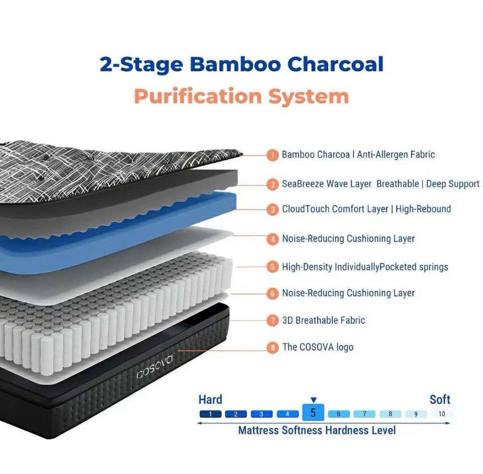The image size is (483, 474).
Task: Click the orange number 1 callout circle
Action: click(272, 155)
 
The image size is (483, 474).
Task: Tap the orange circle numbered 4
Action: click(272, 239)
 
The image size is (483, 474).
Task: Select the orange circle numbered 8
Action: click(272, 348)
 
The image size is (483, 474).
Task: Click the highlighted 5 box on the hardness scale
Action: click(313, 412)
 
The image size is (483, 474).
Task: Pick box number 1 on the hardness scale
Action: click(210, 414)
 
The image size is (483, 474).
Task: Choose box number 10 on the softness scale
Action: click(442, 414)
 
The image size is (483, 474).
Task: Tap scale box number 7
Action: click(364, 414)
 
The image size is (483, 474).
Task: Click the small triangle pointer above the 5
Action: click(313, 400)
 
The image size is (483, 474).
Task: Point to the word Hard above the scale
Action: click(210, 399)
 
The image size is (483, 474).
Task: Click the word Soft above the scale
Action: click(440, 399)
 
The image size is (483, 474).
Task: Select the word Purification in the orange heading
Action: click(198, 97)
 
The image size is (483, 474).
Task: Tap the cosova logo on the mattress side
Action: click(155, 368)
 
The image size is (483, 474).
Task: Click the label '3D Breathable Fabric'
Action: click(323, 320)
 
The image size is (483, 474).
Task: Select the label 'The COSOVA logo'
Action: click(318, 347)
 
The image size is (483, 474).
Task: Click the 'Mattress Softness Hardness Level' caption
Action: click(317, 430)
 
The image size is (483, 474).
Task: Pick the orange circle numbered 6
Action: click(272, 293)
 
